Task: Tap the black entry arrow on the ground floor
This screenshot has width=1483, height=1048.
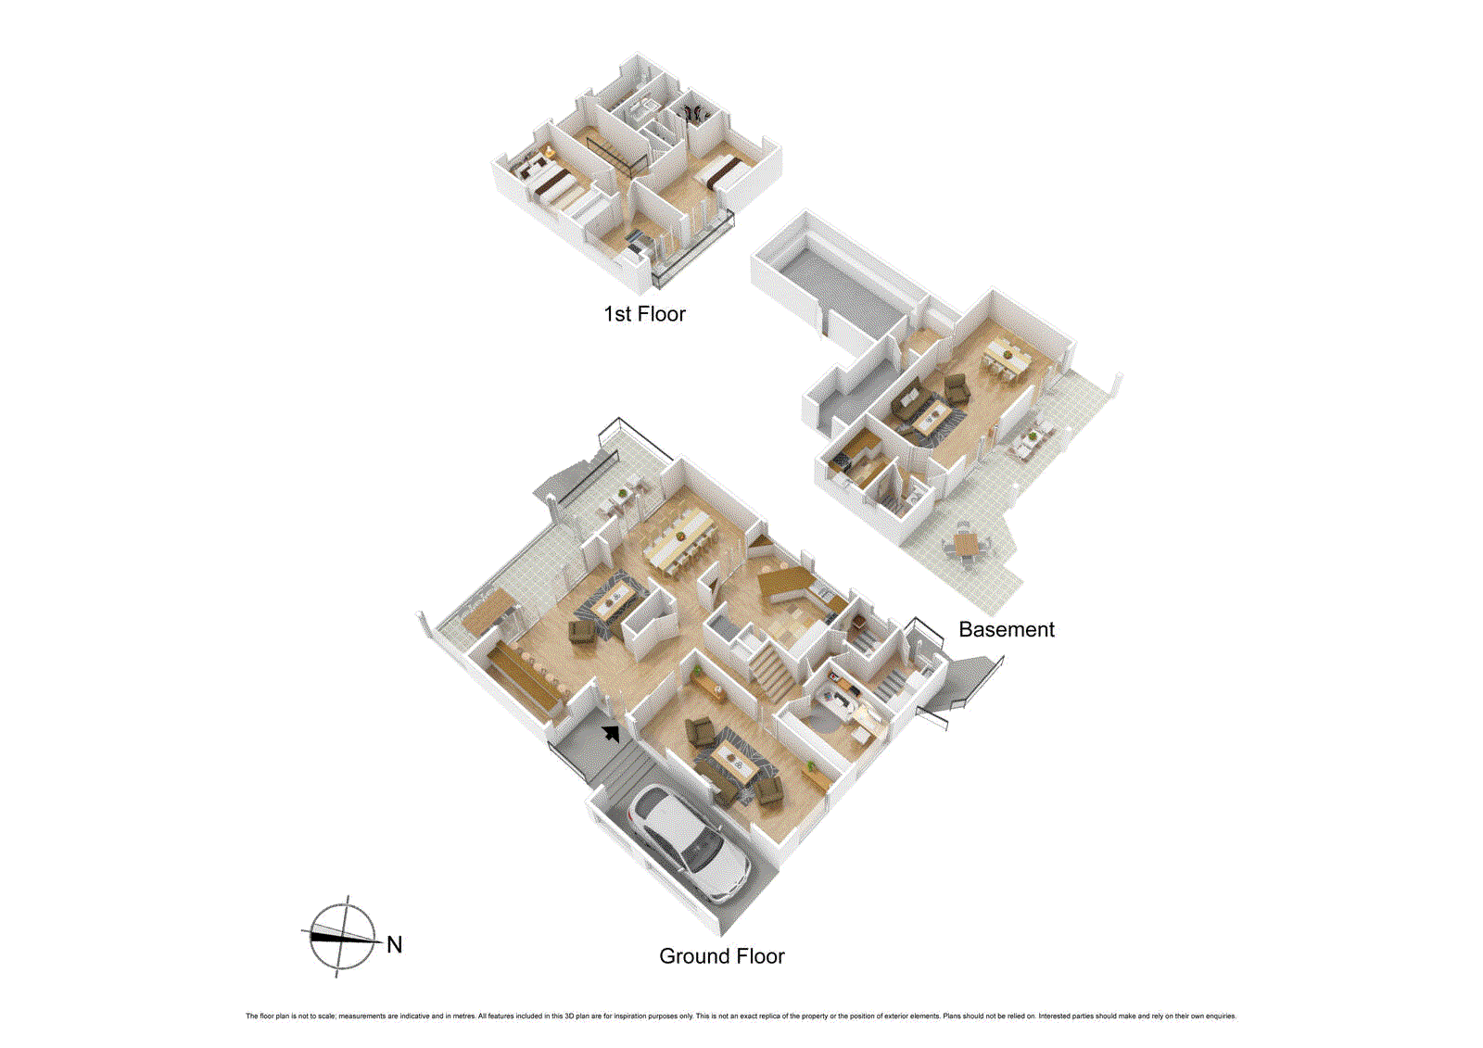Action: pos(611,734)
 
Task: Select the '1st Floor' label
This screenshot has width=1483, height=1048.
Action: pos(644,314)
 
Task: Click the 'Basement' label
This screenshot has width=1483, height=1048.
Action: pos(1006,630)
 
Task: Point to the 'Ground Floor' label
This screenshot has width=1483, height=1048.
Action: pos(721,956)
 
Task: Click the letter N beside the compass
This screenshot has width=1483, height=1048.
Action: pos(394,945)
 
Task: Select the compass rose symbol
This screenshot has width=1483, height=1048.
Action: pos(342,936)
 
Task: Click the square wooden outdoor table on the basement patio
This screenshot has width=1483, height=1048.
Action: pos(966,543)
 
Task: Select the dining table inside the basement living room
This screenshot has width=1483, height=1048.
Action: pos(1003,356)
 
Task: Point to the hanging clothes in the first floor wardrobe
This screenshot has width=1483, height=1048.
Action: pos(692,112)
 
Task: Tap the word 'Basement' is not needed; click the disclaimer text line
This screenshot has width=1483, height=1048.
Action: pos(741,1016)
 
